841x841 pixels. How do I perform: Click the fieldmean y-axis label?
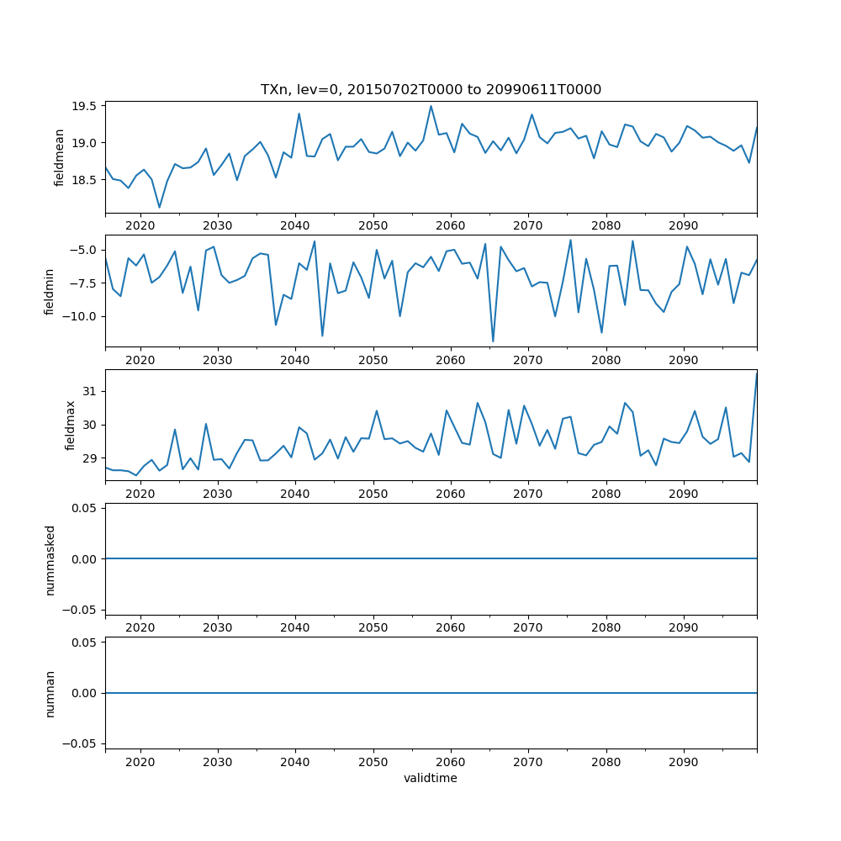click(x=60, y=157)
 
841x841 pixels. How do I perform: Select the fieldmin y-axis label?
click(x=50, y=291)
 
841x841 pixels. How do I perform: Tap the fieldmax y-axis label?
click(x=71, y=425)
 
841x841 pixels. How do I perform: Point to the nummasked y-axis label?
click(x=50, y=558)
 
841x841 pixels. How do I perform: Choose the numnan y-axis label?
click(x=50, y=693)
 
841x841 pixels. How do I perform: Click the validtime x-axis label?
click(x=431, y=778)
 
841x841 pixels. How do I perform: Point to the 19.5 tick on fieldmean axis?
click(x=86, y=106)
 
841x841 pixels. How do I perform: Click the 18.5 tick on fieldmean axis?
click(x=86, y=180)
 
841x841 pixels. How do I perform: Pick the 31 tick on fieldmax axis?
click(x=91, y=391)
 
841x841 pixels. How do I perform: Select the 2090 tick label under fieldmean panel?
click(x=684, y=225)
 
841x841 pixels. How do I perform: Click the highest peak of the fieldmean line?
click(x=431, y=106)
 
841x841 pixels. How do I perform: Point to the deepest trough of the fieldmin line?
click(x=493, y=341)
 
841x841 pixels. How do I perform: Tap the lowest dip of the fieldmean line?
click(x=159, y=207)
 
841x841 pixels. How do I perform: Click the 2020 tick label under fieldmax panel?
click(x=140, y=494)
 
